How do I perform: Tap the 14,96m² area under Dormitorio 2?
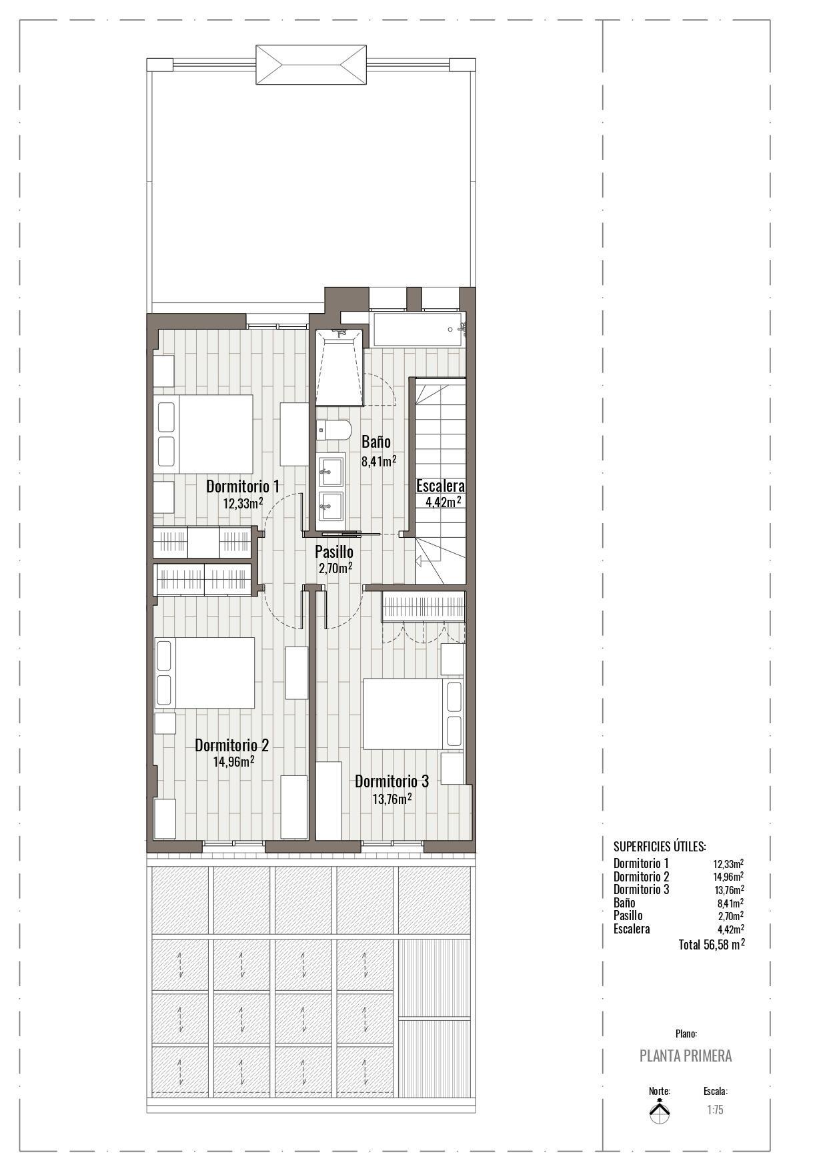pos(233,761)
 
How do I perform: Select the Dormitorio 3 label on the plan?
pos(391,781)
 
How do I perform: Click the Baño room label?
pos(376,442)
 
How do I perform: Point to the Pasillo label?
pos(334,552)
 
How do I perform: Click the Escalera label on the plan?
pos(440,486)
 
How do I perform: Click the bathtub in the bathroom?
pos(418,329)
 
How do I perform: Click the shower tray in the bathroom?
pos(340,370)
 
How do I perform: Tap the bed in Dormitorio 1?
pos(205,434)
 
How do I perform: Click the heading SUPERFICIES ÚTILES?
pos(659,847)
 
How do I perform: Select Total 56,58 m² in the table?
pos(711,945)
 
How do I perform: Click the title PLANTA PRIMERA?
pos(685,1056)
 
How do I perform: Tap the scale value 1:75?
pos(715,1110)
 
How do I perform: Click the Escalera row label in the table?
pos(631,929)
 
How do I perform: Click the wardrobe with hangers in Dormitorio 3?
pos(423,607)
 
